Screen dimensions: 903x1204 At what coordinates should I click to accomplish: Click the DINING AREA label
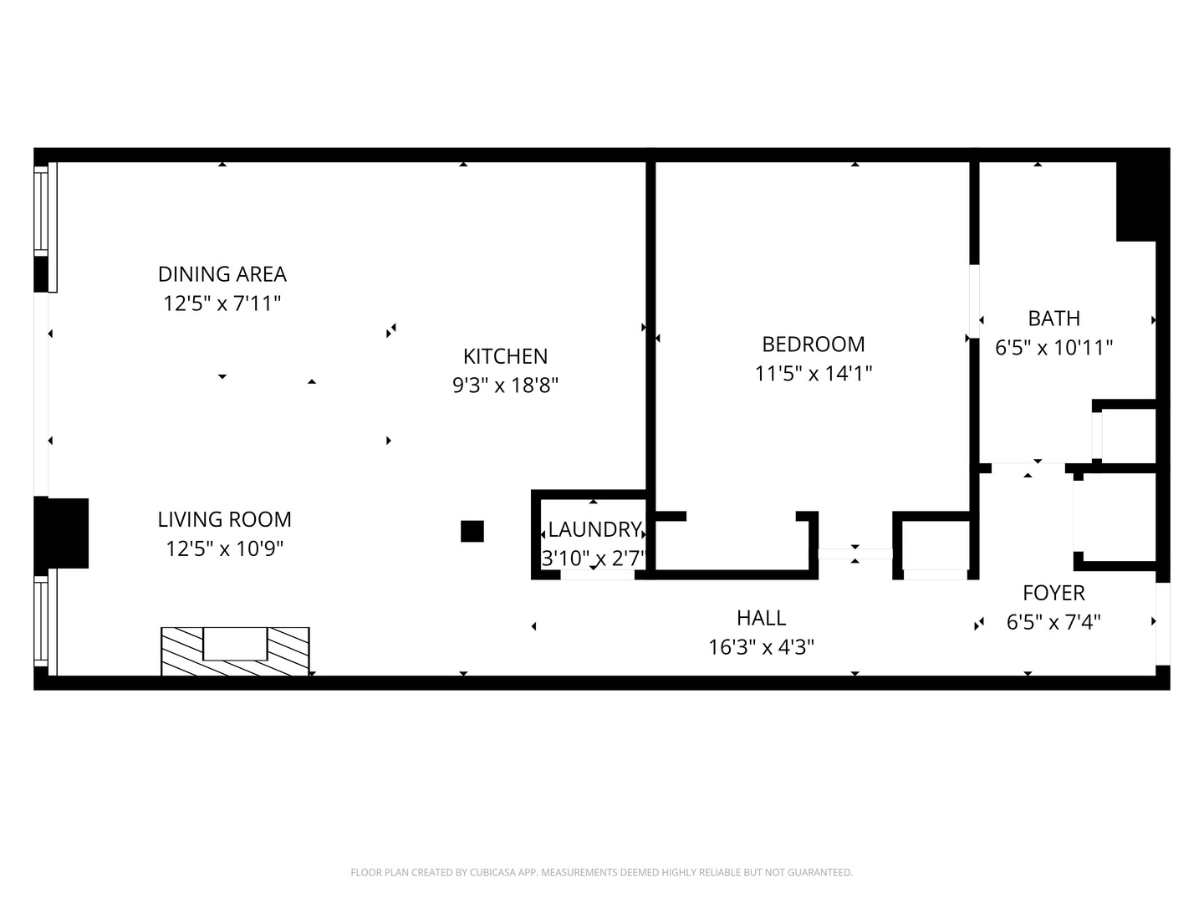[x=222, y=274]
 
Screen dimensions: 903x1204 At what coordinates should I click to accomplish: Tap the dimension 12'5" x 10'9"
[x=224, y=549]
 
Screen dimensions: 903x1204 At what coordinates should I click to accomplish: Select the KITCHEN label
[x=505, y=356]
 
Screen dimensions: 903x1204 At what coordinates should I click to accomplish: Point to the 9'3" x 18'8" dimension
[x=505, y=385]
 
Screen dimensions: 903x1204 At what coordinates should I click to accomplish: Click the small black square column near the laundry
[x=472, y=531]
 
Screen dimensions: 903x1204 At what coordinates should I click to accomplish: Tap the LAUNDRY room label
[x=594, y=529]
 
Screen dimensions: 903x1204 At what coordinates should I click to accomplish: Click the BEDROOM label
[x=813, y=344]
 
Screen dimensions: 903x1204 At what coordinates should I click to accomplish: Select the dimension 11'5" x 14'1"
[x=813, y=374]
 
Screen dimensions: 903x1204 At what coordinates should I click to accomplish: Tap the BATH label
[x=1053, y=319]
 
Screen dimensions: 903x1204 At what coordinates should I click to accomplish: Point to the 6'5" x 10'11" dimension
[x=1053, y=348]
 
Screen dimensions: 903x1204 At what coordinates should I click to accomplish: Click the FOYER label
[x=1053, y=593]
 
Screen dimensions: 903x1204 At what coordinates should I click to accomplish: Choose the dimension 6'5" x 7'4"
[x=1053, y=623]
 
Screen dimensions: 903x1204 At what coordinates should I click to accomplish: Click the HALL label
[x=761, y=618]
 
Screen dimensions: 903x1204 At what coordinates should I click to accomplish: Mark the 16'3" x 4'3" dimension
[x=761, y=647]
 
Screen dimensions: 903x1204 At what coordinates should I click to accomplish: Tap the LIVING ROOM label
[x=224, y=519]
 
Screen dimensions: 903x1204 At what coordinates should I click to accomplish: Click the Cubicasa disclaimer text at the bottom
[x=601, y=872]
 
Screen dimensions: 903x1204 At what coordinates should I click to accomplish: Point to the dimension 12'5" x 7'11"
[x=222, y=304]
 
